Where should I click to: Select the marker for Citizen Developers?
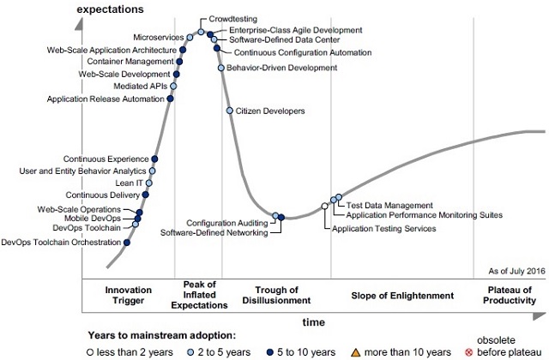click(230, 111)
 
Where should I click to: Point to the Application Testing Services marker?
click(324, 206)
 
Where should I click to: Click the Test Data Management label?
click(383, 205)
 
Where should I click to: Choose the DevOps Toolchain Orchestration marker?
click(127, 243)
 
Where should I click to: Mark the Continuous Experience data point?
click(154, 159)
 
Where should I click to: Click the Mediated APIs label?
click(142, 87)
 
